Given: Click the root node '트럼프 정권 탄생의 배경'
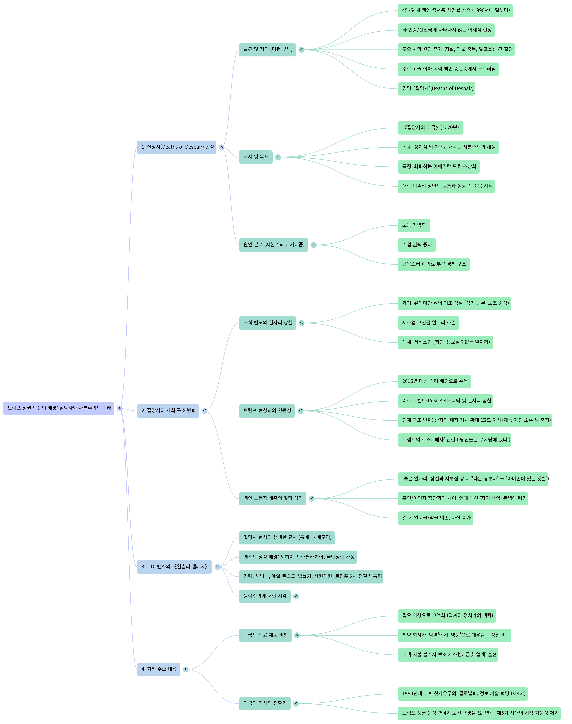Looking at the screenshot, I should [x=59, y=408].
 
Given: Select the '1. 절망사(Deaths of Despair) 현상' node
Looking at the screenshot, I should [x=177, y=147].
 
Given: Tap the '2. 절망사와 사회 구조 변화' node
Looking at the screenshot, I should [x=168, y=411].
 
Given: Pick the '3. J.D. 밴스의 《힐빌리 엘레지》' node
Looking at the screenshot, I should [x=174, y=567].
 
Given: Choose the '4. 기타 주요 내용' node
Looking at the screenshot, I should [x=158, y=669].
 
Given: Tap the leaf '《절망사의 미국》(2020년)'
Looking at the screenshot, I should [x=430, y=127].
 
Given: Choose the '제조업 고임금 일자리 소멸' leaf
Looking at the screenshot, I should [x=428, y=323].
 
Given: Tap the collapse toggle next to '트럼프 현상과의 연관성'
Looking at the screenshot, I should [x=300, y=411].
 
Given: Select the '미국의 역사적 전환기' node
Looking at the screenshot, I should [x=265, y=703].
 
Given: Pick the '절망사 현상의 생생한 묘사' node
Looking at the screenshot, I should [x=287, y=538].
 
